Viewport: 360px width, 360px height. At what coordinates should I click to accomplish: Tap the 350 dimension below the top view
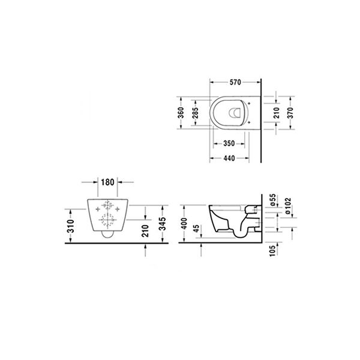pos(229,144)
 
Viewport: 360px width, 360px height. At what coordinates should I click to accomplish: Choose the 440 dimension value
pos(229,158)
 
